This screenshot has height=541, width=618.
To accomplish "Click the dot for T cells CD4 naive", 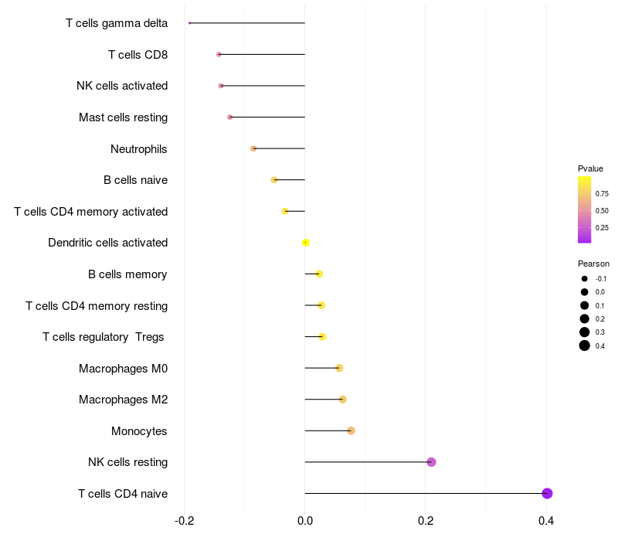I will [547, 494].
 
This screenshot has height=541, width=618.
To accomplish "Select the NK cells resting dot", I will [431, 462].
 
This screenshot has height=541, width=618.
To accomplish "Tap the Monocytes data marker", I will [351, 430].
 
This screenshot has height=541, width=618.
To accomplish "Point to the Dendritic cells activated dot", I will [306, 243].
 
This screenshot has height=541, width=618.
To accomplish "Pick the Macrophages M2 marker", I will [343, 400].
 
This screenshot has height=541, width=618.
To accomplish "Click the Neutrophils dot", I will [253, 148].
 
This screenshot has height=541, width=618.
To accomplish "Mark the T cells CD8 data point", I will [219, 54].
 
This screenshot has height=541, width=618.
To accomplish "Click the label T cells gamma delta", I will [117, 23].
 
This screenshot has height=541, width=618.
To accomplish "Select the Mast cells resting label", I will [123, 117].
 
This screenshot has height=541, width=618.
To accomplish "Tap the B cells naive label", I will [135, 180].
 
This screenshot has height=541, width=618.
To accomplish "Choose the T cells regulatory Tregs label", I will [104, 337].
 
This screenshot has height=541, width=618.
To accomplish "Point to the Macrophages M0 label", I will [123, 368].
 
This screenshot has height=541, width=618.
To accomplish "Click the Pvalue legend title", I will [590, 168].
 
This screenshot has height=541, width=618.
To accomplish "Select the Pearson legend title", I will [593, 264].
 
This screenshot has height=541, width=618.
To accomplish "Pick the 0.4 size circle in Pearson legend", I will [585, 345].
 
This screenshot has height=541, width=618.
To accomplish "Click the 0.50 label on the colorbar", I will [602, 210].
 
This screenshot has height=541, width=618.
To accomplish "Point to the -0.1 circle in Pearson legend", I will [585, 279].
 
